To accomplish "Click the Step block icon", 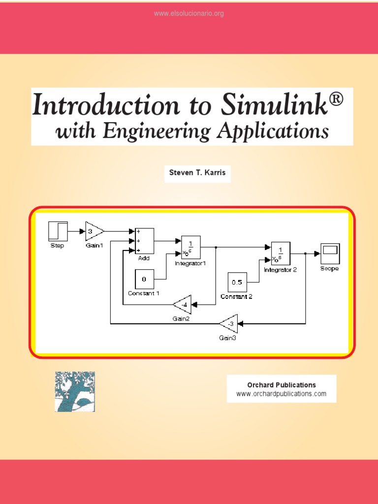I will click(57, 231).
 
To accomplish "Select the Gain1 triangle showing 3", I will click(94, 231).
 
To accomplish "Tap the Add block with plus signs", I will click(144, 241).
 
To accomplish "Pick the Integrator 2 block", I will click(280, 253).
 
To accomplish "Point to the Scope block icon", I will click(329, 253).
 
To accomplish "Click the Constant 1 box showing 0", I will click(144, 279).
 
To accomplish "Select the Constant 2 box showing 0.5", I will click(237, 282).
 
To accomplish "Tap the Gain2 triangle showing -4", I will click(183, 305).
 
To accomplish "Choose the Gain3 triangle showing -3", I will click(229, 323).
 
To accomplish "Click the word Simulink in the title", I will click(273, 105).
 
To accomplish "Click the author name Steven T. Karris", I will click(197, 173).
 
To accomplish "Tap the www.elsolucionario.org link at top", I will click(189, 14).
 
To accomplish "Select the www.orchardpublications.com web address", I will click(281, 394).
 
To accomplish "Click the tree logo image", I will click(75, 392).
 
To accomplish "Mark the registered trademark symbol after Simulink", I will click(336, 100).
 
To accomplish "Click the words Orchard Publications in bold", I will click(281, 385).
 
